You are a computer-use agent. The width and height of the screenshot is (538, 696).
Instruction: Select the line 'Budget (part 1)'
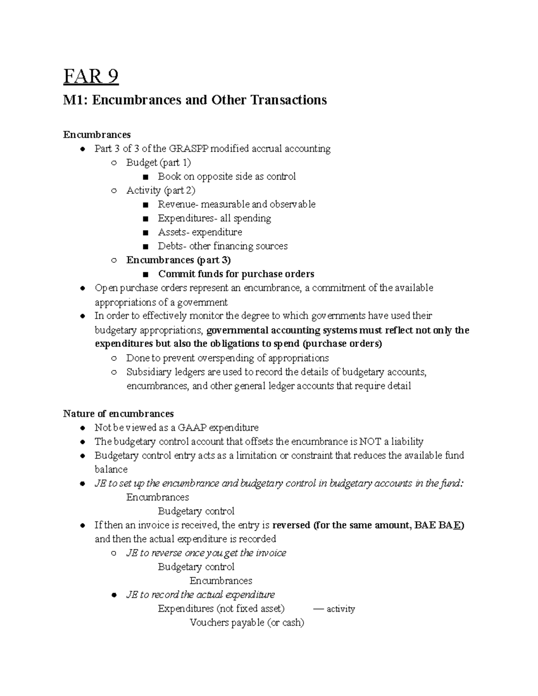coord(158,162)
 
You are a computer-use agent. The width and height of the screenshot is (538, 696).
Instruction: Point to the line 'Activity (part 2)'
coord(161,190)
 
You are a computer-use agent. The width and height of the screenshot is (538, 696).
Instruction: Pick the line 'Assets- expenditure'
coord(200,232)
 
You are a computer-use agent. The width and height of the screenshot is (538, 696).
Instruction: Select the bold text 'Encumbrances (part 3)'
coord(178,260)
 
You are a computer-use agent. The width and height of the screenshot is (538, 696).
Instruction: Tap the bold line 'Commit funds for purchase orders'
coord(236,274)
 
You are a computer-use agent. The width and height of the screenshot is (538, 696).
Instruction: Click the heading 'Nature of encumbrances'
coord(118,413)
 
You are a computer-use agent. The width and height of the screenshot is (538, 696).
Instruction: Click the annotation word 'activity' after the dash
coord(341,609)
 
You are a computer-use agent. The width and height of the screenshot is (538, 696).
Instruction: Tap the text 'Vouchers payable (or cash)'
coord(247,623)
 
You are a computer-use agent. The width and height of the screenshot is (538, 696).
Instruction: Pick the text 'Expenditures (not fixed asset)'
coord(221,609)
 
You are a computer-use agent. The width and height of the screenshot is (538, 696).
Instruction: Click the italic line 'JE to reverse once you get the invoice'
coord(206,553)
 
